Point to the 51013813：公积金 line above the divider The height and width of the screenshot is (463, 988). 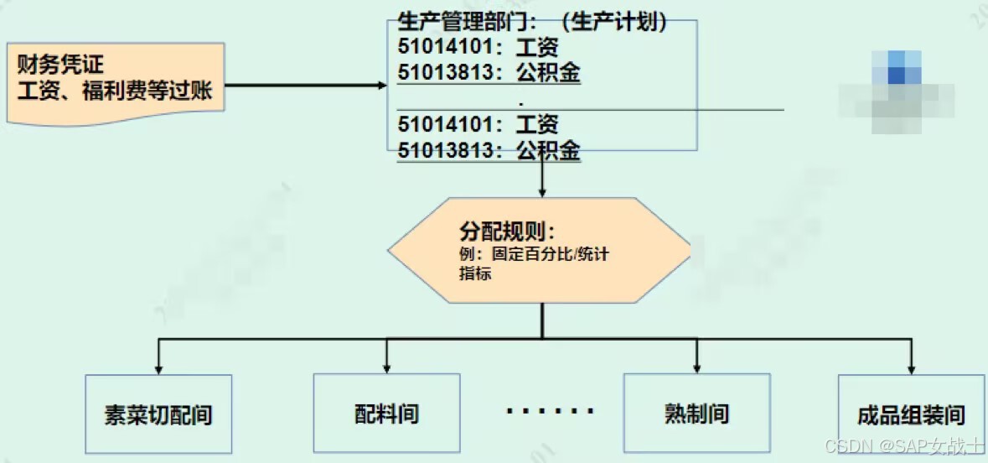click(x=489, y=74)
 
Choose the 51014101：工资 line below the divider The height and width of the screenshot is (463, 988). click(x=478, y=125)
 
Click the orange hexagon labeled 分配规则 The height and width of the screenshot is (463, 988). click(x=541, y=250)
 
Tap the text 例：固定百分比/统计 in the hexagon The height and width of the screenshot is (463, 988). click(x=534, y=255)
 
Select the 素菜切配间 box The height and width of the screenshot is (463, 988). click(x=158, y=414)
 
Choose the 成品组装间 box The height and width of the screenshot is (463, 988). click(x=911, y=414)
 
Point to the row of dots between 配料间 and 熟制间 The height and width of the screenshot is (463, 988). click(x=550, y=412)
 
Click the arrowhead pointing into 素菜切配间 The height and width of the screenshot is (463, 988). click(x=158, y=369)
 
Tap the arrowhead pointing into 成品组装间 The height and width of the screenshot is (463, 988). click(x=911, y=369)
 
